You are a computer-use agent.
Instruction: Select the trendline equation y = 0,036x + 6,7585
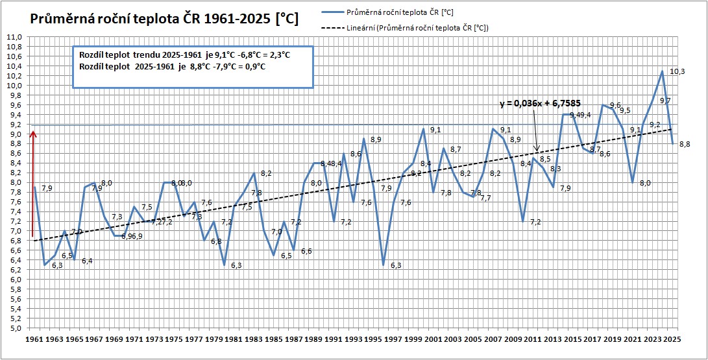tap(536, 103)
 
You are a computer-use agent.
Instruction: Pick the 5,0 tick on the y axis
tap(14, 328)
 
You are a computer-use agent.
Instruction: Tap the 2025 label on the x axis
tap(672, 339)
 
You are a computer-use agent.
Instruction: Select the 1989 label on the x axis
tap(312, 339)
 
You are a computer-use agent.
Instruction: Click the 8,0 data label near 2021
tap(644, 184)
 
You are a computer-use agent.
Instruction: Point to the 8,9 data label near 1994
tap(376, 139)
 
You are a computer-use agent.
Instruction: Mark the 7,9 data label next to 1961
tap(47, 189)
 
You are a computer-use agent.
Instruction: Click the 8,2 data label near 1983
tap(266, 174)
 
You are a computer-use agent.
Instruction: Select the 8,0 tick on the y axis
tap(14, 183)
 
